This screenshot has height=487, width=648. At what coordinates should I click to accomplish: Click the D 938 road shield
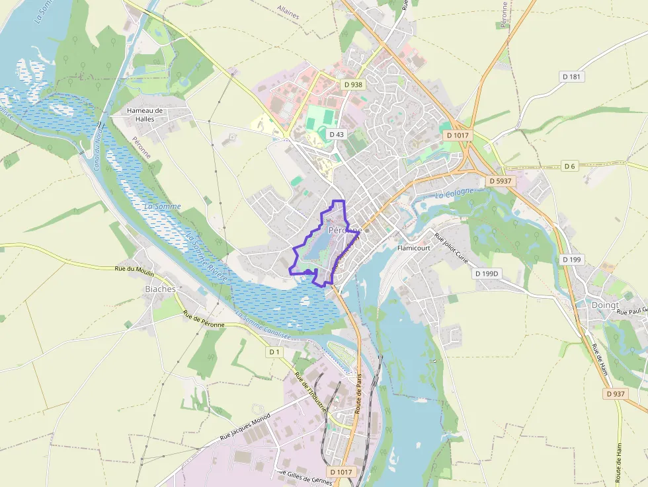(354, 85)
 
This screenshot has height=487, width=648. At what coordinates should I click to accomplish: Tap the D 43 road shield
(336, 134)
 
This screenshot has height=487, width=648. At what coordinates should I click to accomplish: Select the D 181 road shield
(572, 77)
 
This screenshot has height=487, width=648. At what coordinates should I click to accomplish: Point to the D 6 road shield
(569, 166)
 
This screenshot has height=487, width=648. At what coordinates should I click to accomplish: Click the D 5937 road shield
(499, 180)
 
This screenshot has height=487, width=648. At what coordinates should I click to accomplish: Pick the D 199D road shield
(486, 273)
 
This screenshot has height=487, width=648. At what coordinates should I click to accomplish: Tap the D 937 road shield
(615, 394)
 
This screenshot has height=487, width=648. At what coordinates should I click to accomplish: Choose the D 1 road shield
(275, 352)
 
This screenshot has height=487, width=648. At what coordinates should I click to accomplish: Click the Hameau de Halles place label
(145, 114)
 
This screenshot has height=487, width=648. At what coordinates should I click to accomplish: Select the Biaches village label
(160, 289)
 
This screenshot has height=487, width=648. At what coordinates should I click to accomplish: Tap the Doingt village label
(606, 305)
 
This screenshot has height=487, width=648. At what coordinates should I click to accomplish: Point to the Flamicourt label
(415, 248)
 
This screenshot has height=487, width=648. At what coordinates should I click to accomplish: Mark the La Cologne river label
(455, 194)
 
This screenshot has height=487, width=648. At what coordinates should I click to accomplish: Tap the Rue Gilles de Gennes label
(304, 475)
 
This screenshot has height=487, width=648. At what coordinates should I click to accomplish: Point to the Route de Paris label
(361, 397)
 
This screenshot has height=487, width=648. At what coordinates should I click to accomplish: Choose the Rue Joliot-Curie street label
(451, 246)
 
